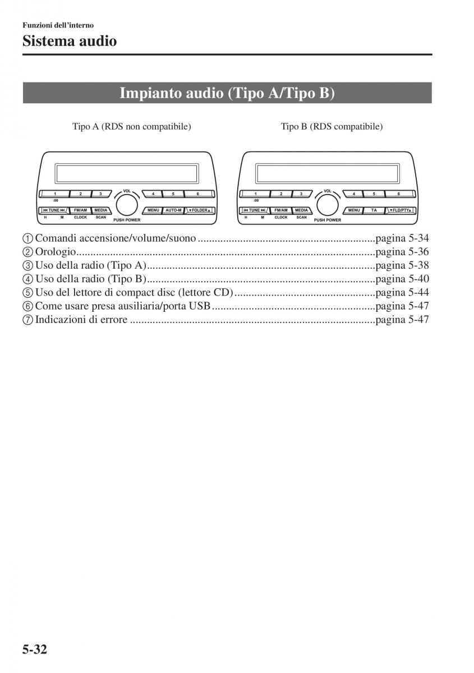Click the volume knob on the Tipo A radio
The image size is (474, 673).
pos(127,205)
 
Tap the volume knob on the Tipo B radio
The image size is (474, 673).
pos(328,205)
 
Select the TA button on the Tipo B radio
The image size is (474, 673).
pos(374,210)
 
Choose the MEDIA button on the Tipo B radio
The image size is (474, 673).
pos(302,210)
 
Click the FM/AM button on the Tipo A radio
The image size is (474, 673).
pos(80,210)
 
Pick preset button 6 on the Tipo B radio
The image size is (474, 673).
pos(398,194)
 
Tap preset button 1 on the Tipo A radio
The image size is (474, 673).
pos(55,194)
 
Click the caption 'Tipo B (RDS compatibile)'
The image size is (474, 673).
pos(332,127)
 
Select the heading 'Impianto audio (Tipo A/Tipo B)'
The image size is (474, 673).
pos(227,93)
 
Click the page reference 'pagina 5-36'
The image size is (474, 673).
pos(402,252)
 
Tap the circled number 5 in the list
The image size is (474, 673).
pos(28,293)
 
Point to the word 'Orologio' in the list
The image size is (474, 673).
pos(56,252)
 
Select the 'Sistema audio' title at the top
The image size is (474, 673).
pos(70,40)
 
